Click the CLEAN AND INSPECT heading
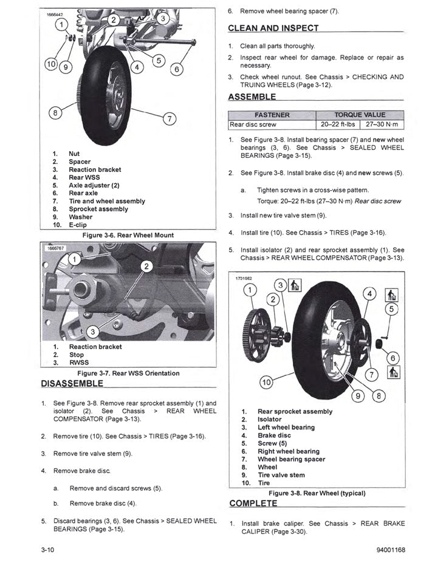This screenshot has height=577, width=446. click(273, 28)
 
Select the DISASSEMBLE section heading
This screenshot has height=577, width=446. click(72, 384)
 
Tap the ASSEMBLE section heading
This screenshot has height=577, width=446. click(252, 97)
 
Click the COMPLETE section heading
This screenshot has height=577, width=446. click(253, 504)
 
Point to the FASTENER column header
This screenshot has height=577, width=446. click(273, 115)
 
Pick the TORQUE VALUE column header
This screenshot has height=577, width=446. click(360, 115)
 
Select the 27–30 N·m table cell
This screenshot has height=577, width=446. click(382, 125)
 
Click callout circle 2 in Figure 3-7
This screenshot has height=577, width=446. click(146, 266)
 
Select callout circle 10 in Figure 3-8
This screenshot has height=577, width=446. click(266, 382)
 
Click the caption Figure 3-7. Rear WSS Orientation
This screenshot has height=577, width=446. click(128, 373)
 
